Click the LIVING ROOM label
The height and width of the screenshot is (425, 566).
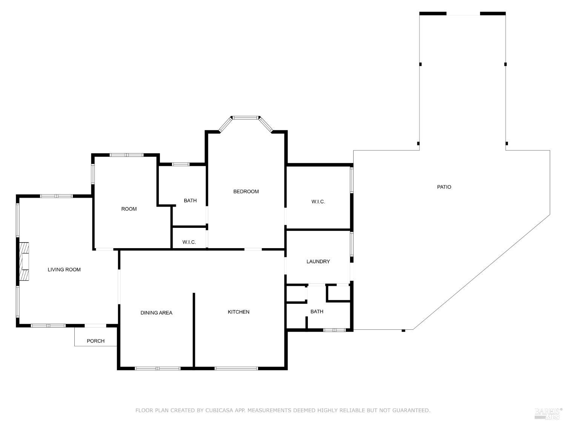click(x=64, y=269)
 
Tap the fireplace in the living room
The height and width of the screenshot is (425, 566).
click(x=25, y=261)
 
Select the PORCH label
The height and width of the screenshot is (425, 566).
click(x=95, y=341)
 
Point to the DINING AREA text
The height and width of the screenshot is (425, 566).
click(x=156, y=313)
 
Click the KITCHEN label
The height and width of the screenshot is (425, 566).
click(x=238, y=312)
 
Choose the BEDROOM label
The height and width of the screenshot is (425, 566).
click(x=246, y=192)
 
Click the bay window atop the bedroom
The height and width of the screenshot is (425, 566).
click(x=246, y=118)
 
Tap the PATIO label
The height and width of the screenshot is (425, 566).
click(x=444, y=187)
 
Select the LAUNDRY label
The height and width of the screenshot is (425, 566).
click(x=318, y=261)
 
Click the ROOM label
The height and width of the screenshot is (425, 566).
click(x=129, y=209)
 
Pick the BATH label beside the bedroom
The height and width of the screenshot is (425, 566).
click(x=190, y=201)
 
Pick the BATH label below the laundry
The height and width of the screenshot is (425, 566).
click(x=317, y=312)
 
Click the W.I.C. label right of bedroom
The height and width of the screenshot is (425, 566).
click(x=318, y=202)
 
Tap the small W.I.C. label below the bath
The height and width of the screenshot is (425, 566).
click(x=189, y=242)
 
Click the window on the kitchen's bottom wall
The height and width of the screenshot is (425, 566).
click(x=237, y=368)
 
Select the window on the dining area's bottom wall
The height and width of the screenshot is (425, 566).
click(x=158, y=368)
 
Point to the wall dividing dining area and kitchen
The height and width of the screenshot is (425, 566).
click(x=194, y=329)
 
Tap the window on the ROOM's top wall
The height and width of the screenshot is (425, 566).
click(x=126, y=155)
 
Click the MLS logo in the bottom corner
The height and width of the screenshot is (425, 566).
click(x=548, y=414)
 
